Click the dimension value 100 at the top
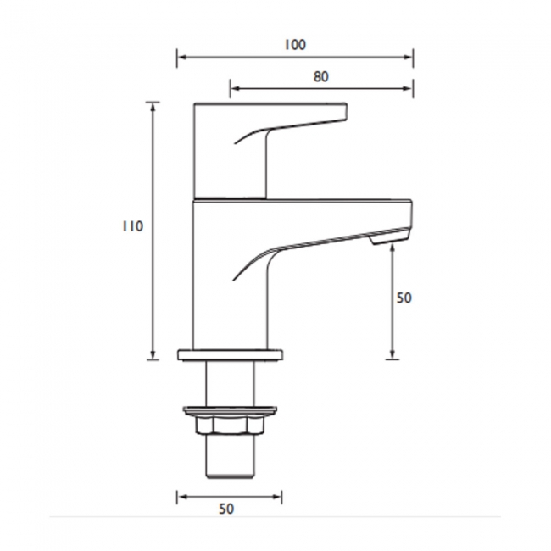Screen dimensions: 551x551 (x=295, y=44)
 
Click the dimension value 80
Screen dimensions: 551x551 (x=320, y=76)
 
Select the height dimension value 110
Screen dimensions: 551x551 (x=131, y=226)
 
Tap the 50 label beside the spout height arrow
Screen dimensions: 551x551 (x=404, y=298)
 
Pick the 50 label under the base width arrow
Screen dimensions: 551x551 (x=226, y=509)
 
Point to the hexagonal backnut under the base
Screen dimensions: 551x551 (x=230, y=424)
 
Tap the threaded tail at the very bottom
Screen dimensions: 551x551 (x=230, y=459)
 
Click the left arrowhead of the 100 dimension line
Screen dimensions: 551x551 (x=180, y=58)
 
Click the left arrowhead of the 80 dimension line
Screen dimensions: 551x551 (x=234, y=87)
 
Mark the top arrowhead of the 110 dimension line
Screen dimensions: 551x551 (x=153, y=106)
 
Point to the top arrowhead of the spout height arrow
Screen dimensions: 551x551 (x=392, y=250)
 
